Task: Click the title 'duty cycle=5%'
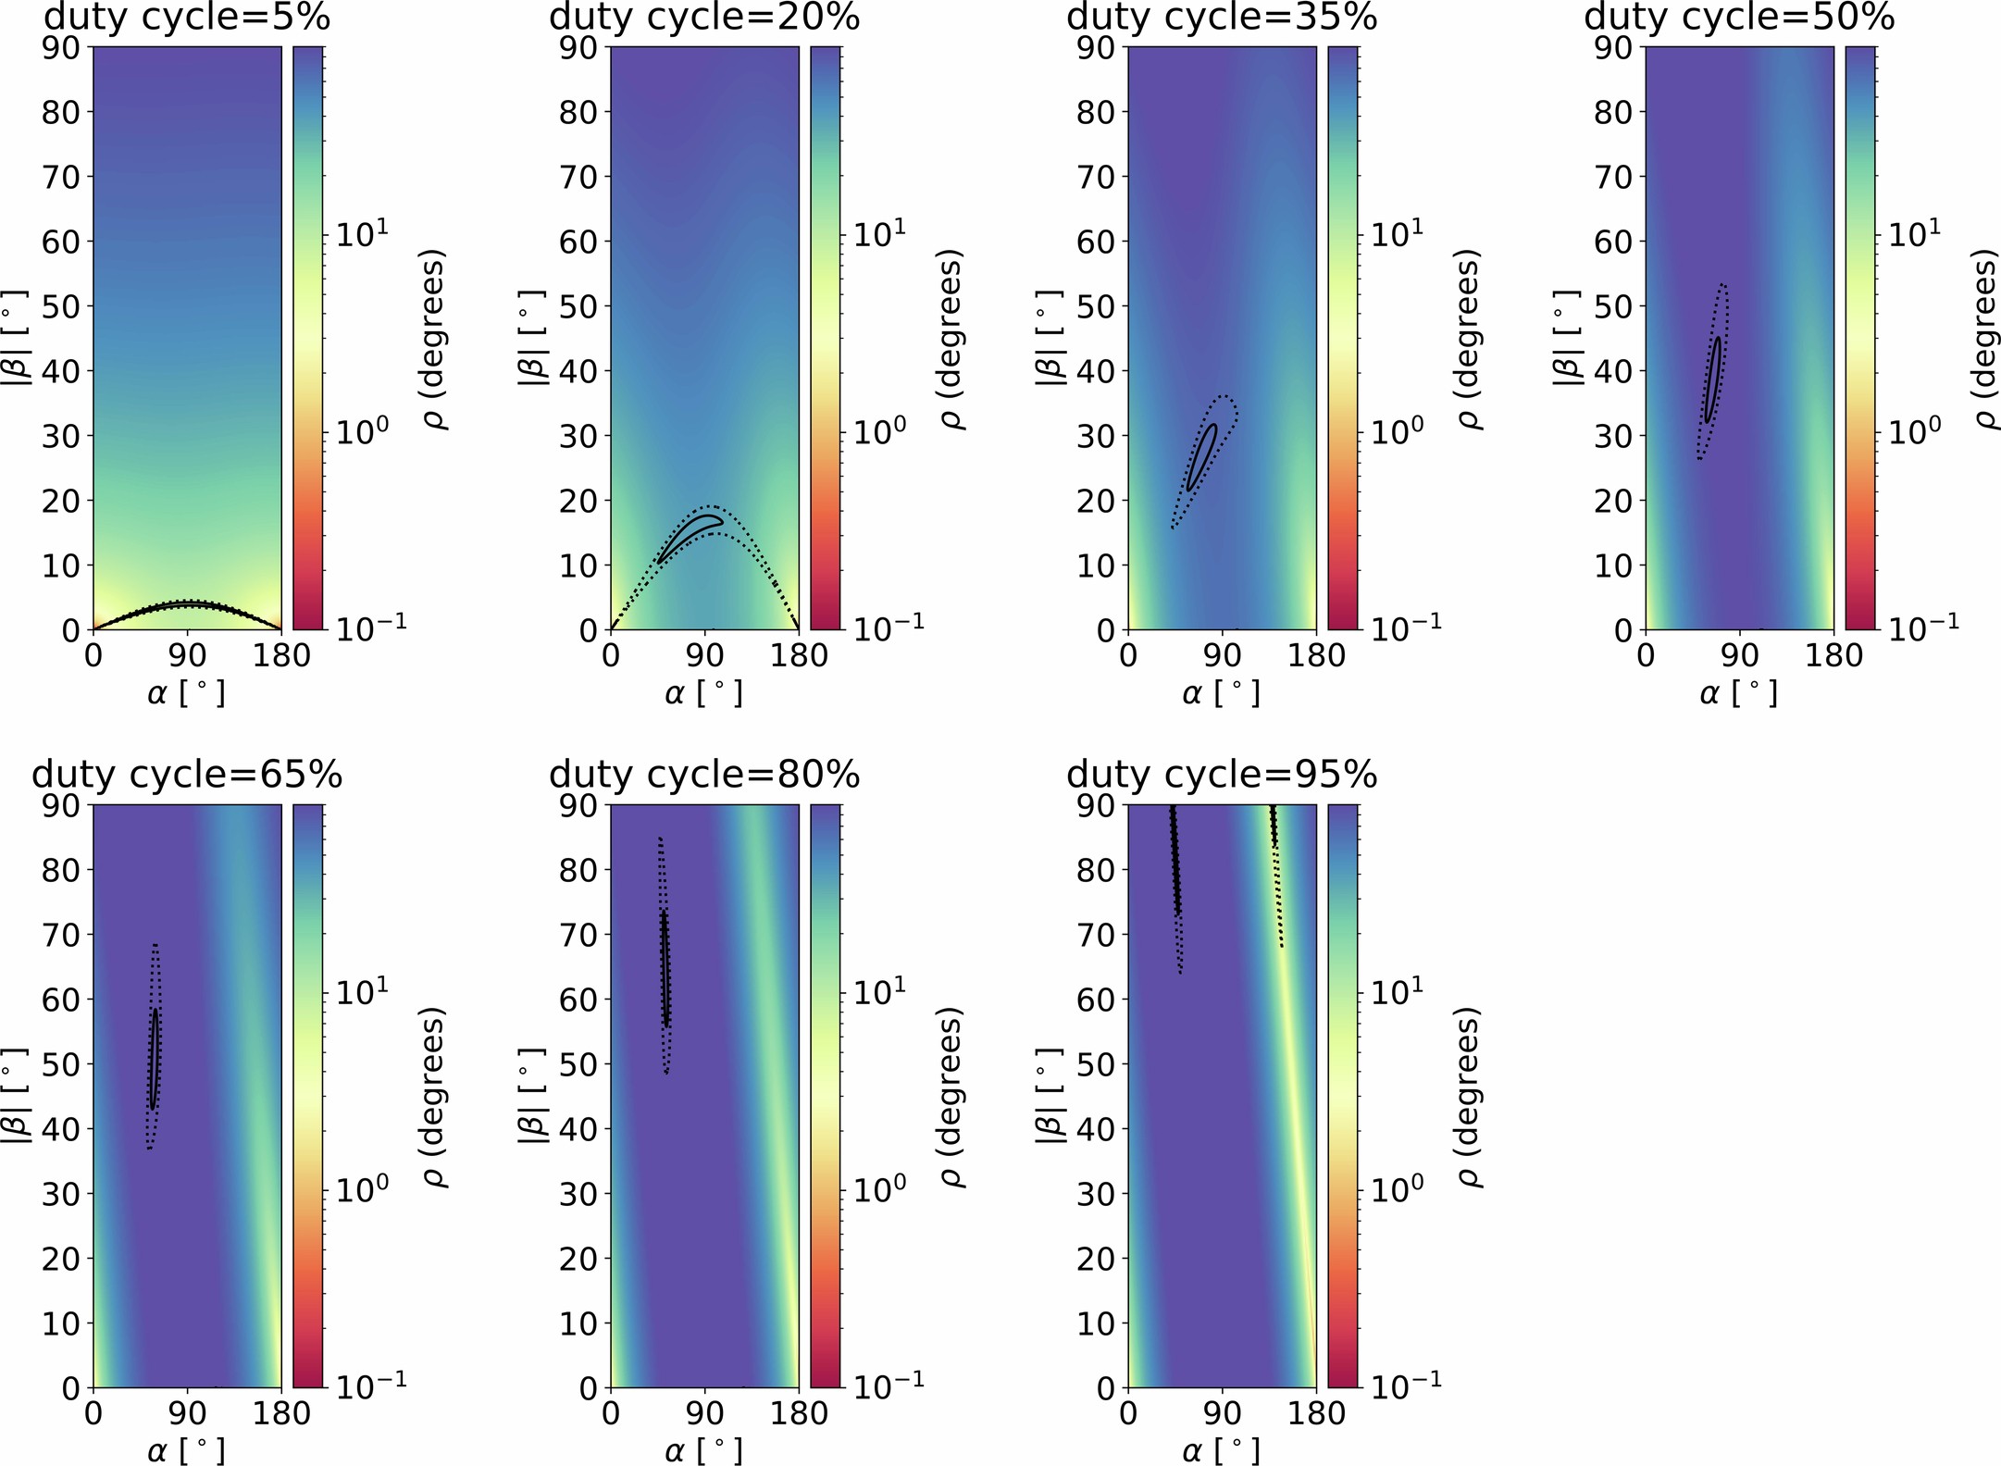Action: (x=187, y=19)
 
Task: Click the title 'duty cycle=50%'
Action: (x=1740, y=19)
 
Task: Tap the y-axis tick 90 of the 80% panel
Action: (x=579, y=805)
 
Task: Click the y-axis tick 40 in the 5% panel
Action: (x=62, y=371)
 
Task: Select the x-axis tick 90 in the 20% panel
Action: (x=705, y=655)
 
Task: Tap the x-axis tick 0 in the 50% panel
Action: (x=1646, y=655)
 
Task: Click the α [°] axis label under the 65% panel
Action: (x=187, y=1449)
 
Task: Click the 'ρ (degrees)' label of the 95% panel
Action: (x=1468, y=1097)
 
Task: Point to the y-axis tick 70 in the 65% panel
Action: (x=62, y=935)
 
